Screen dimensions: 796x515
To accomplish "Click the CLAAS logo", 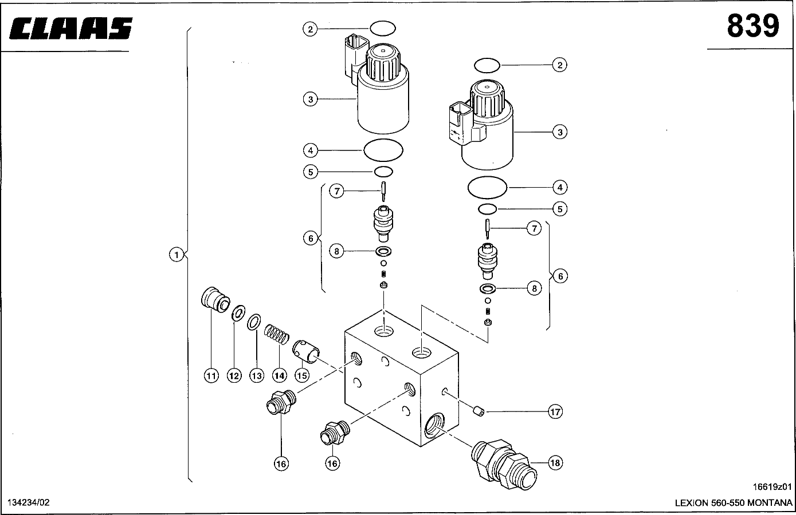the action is [70, 28].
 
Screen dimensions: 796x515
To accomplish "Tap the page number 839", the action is [753, 26].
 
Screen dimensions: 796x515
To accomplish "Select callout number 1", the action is [177, 255].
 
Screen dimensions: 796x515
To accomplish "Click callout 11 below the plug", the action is [211, 375].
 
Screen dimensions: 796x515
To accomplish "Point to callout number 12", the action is [234, 375].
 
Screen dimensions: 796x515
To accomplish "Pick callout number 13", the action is [257, 375].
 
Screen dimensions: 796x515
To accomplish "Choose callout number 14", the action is [279, 375].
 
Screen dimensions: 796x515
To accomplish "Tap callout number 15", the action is [302, 375].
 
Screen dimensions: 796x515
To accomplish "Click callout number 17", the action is [555, 412].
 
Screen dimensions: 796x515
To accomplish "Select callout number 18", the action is [555, 463].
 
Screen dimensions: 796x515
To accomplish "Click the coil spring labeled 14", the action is [276, 334].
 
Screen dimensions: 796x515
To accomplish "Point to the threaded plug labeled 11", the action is [215, 300].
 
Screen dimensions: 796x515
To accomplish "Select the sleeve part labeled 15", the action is [306, 351].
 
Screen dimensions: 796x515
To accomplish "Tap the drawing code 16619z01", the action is [772, 487].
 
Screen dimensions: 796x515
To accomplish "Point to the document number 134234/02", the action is [29, 503].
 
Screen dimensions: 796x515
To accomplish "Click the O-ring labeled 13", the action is [254, 322].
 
